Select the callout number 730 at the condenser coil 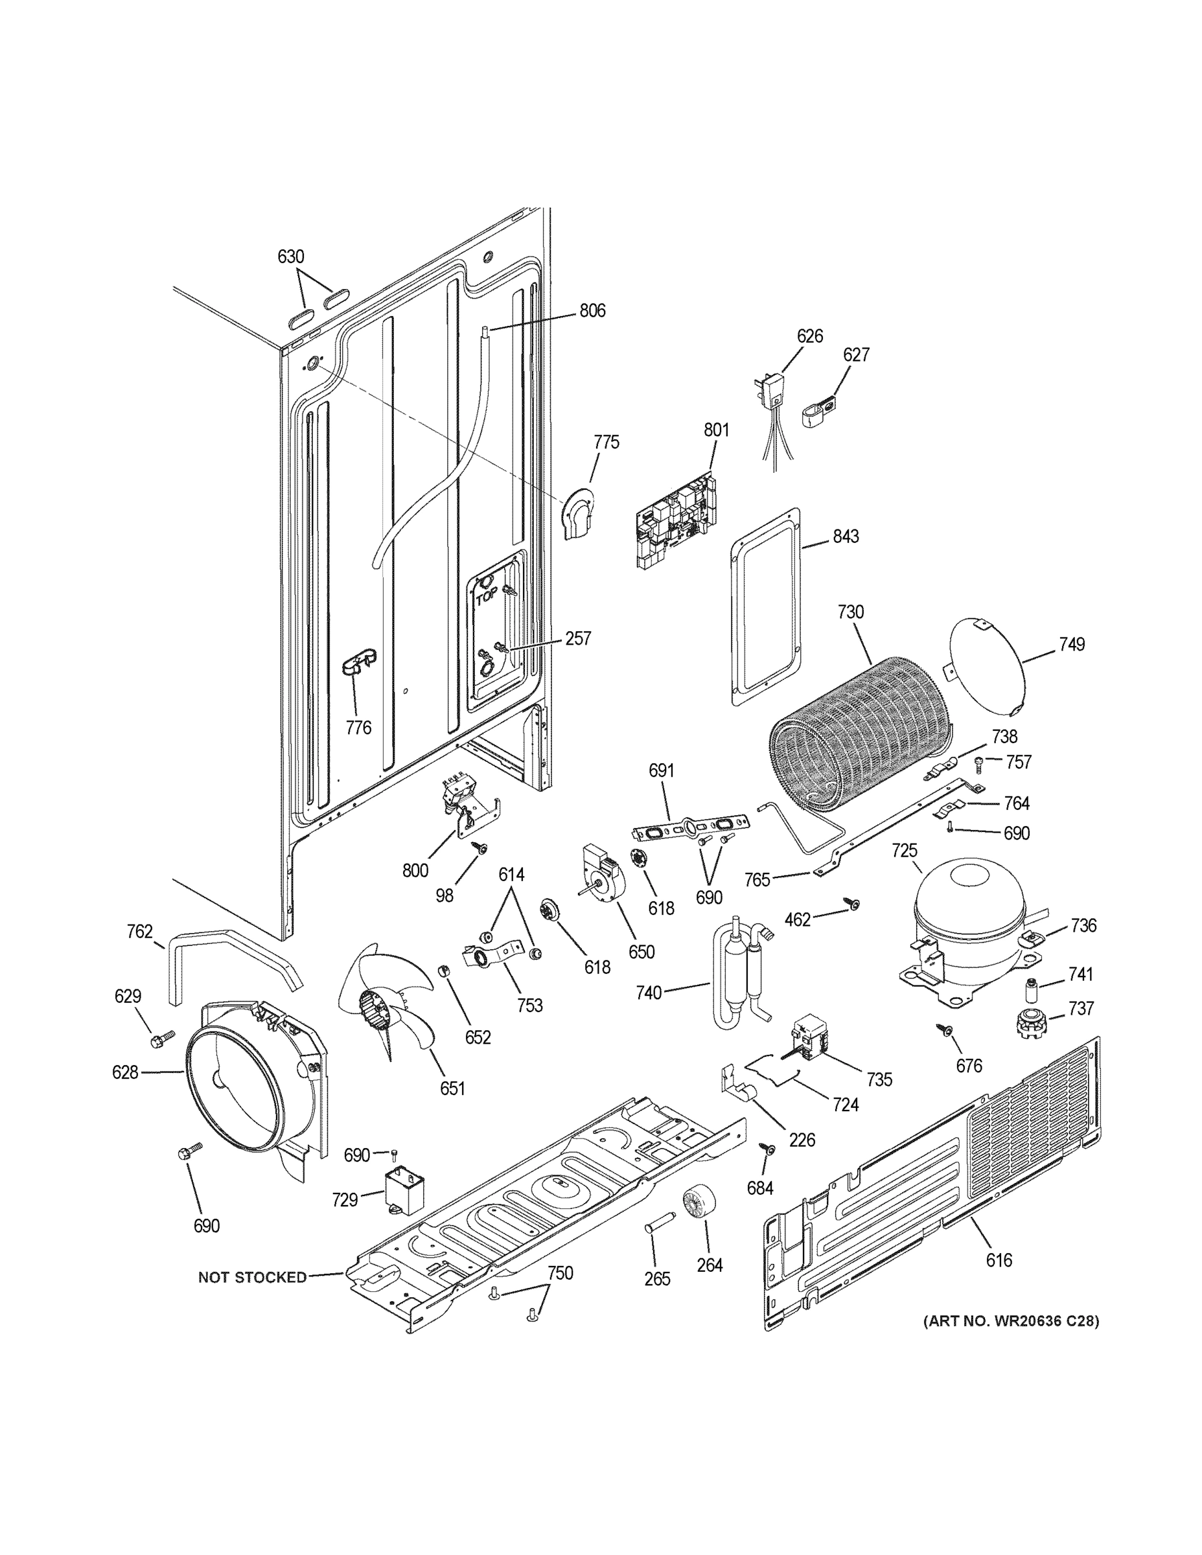(850, 612)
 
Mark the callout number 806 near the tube (592, 310)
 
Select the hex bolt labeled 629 (159, 1040)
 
